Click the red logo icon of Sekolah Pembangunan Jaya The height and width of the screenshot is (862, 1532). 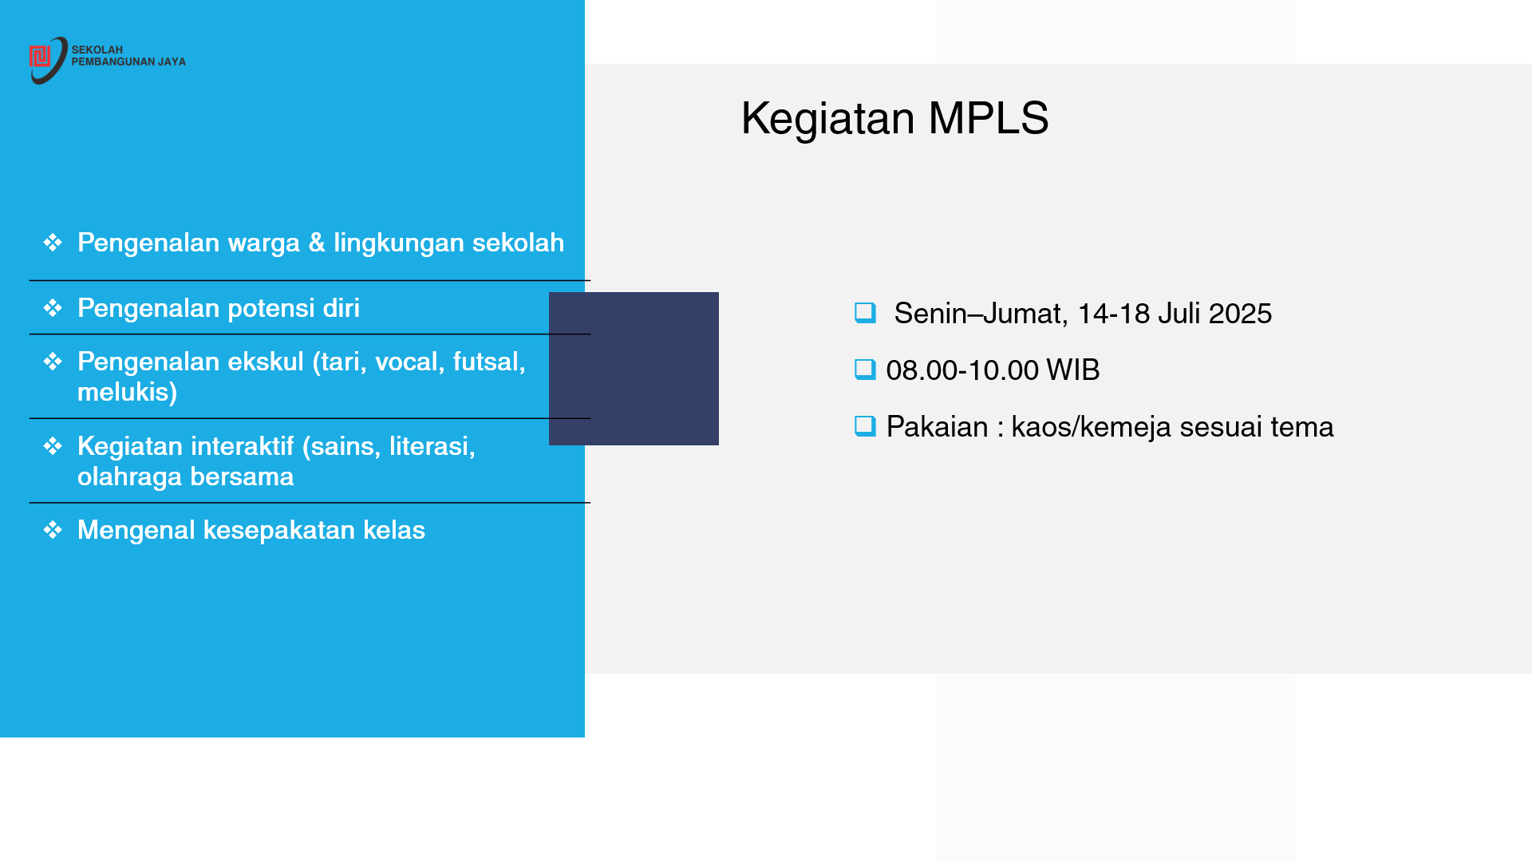click(x=40, y=57)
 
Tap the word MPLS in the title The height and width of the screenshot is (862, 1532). click(x=988, y=118)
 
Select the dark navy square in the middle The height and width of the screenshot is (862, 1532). click(x=634, y=369)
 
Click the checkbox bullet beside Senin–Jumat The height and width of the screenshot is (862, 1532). click(x=865, y=313)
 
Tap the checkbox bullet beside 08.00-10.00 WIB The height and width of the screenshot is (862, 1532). click(x=865, y=370)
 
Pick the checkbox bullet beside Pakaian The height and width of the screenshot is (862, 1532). click(x=865, y=426)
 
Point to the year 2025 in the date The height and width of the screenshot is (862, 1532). click(x=1240, y=314)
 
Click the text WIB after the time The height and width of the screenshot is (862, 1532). click(x=1073, y=370)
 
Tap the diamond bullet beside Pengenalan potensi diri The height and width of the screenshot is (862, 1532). click(x=53, y=308)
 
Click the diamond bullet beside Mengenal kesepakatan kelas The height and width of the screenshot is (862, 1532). click(x=53, y=530)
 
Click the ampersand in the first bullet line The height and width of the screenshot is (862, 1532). click(x=317, y=243)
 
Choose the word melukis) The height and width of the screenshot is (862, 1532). click(x=128, y=393)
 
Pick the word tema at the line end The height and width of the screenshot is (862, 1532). click(x=1302, y=427)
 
